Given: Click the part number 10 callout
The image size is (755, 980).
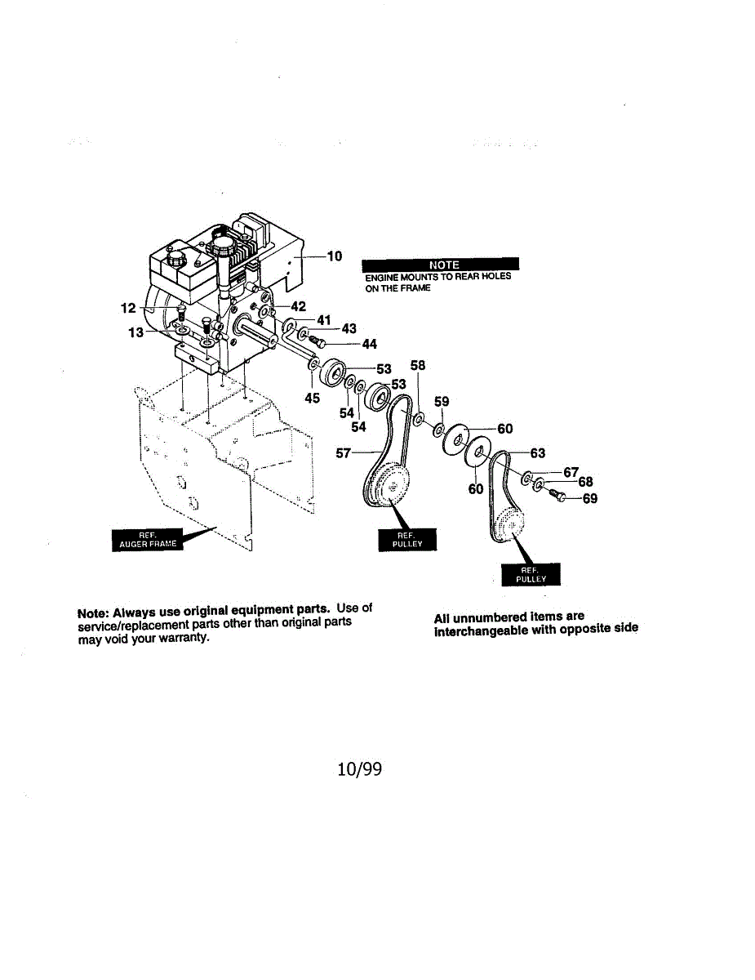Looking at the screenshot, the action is [x=335, y=256].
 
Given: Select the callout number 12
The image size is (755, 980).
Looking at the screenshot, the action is [x=128, y=309].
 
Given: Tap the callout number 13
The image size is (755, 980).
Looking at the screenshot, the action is [x=135, y=332].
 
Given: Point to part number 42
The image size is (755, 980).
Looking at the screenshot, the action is [x=298, y=307].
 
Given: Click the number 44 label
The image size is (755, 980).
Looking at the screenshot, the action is [x=369, y=345].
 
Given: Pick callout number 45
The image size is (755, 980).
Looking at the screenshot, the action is [x=313, y=399].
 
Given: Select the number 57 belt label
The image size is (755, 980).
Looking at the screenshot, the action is [x=344, y=452].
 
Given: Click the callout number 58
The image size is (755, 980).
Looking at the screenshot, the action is [x=418, y=366].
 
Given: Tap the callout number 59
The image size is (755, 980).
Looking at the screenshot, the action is [x=442, y=402].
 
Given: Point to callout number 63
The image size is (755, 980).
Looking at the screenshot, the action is [x=538, y=453].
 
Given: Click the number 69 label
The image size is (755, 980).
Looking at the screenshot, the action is [x=589, y=498].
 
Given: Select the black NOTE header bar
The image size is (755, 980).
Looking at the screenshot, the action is [x=440, y=265].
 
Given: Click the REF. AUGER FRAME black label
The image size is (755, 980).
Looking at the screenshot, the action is [x=148, y=540].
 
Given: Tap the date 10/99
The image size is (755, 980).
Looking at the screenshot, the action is [x=360, y=769].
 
